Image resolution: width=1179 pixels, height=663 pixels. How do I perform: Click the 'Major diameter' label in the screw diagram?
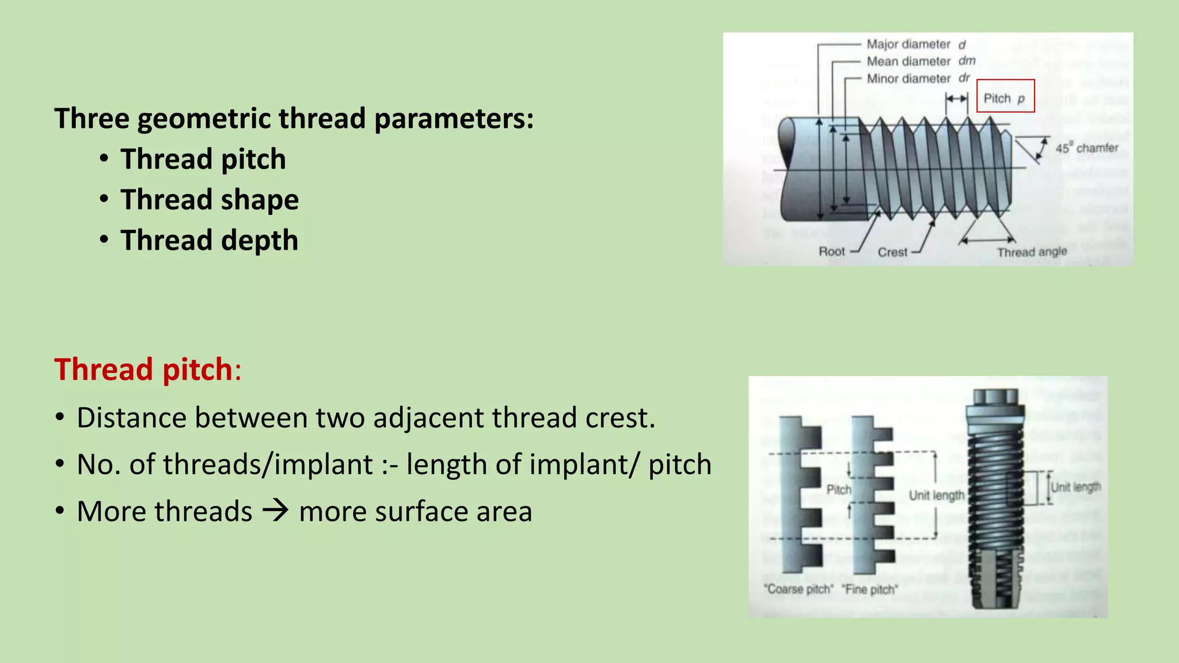(908, 44)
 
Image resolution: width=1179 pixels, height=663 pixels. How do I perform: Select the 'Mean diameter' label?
(908, 62)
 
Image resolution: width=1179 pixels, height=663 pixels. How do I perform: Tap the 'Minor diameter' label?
(908, 79)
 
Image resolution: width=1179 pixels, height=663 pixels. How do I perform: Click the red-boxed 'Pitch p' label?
(1005, 98)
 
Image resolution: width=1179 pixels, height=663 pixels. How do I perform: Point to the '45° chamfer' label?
(1086, 148)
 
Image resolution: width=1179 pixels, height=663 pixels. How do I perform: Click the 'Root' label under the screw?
(832, 252)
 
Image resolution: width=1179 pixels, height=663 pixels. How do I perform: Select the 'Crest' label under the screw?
(892, 252)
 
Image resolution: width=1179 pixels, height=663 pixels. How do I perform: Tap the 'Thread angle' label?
(1032, 252)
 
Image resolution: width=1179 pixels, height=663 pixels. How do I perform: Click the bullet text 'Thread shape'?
(210, 200)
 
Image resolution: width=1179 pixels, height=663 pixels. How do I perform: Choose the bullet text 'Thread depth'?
(210, 240)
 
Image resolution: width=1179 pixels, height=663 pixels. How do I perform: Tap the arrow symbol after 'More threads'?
(275, 510)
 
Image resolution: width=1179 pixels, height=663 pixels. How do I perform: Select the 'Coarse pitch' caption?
(798, 589)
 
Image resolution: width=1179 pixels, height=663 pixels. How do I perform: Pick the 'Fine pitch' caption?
(869, 589)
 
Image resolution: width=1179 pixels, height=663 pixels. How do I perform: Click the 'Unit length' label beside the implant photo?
(1075, 487)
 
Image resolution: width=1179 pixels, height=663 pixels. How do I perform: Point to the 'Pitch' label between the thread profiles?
(839, 490)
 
